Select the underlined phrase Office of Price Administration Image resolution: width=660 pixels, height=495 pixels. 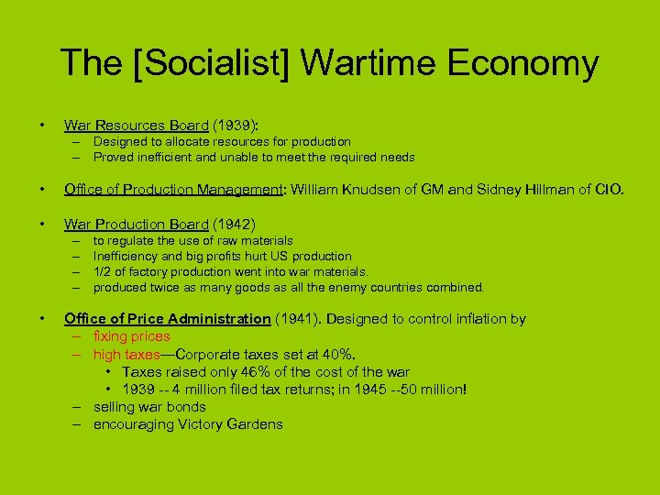tap(167, 319)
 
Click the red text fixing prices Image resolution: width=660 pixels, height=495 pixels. tap(131, 336)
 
